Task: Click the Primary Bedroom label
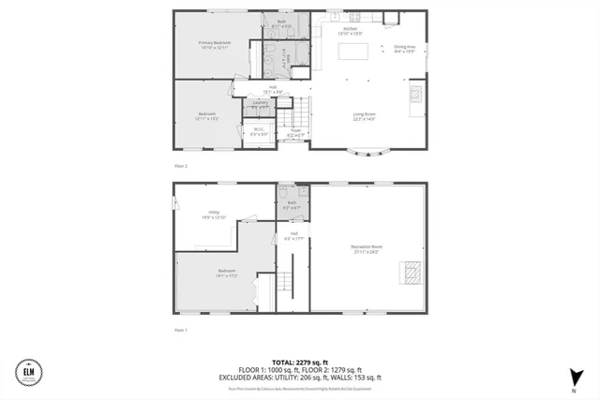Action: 215,44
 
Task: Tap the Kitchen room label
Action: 349,30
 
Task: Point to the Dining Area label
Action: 404,48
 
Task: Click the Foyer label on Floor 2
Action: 294,132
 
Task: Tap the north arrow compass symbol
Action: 572,377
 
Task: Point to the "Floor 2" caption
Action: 181,165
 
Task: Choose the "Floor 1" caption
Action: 181,330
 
